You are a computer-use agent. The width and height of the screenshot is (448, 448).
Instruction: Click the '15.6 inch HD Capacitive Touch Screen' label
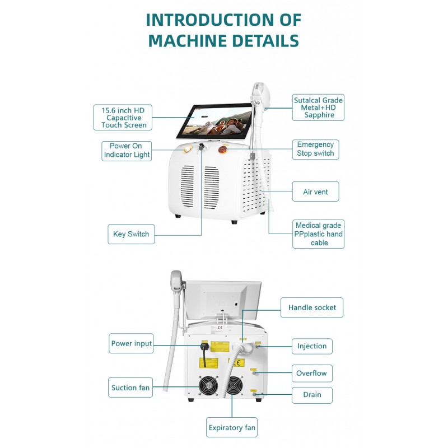[124, 118]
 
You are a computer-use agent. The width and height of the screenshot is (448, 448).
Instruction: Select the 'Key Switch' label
[131, 234]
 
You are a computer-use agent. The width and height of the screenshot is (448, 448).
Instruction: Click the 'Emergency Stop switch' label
[315, 149]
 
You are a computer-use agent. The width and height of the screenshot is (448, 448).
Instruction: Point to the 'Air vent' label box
[315, 192]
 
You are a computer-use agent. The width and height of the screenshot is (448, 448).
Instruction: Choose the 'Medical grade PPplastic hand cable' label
[319, 234]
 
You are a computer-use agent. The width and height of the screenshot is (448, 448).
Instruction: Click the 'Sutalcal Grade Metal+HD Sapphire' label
[319, 108]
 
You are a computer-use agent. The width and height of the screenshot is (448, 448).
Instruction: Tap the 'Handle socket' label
[312, 307]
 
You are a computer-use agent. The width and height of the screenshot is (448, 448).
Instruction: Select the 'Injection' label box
[312, 346]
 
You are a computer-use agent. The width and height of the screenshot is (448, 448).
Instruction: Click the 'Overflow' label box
[312, 373]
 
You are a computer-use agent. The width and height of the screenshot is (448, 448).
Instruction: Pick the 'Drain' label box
[312, 395]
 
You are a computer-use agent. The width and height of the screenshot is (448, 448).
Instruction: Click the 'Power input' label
[132, 343]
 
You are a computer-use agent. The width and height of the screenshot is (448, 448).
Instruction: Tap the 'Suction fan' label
[131, 388]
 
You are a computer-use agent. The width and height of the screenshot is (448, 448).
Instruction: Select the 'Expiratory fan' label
[232, 428]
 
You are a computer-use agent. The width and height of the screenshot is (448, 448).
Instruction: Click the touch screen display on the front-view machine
[213, 121]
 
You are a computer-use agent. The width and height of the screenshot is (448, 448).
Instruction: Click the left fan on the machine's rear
[208, 386]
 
